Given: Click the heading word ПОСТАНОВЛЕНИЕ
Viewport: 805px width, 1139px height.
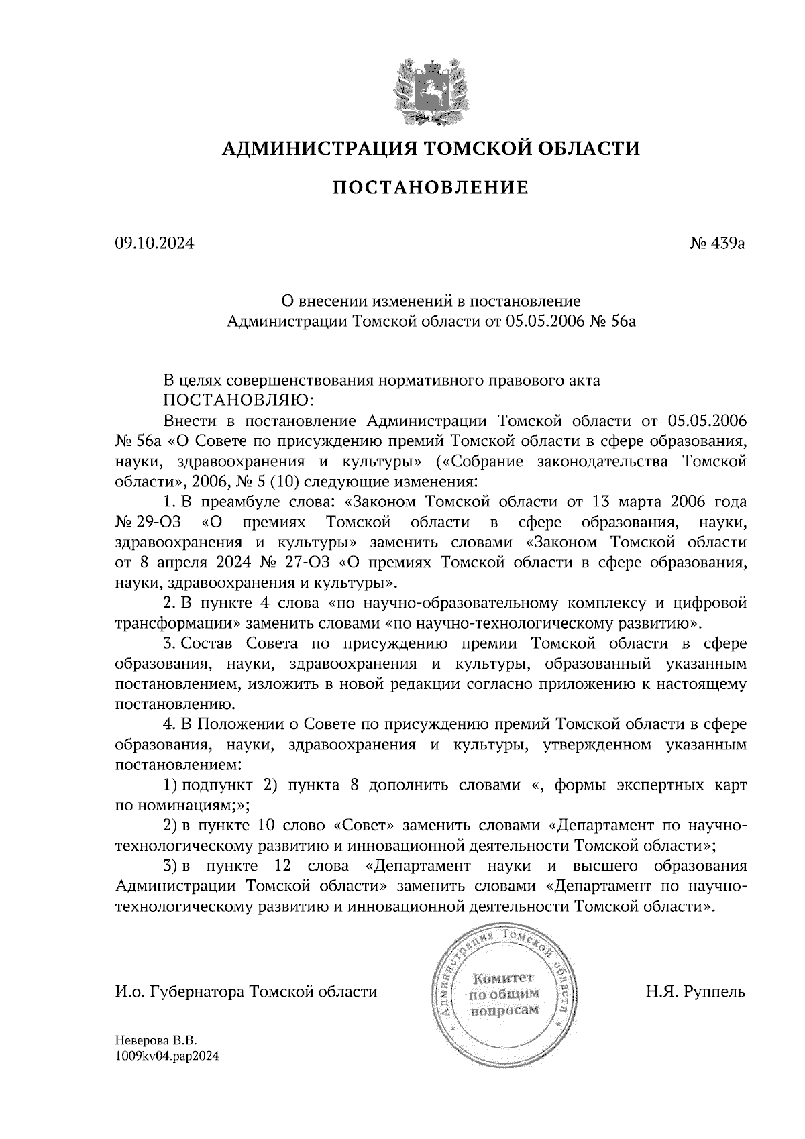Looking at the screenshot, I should coord(430,187).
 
